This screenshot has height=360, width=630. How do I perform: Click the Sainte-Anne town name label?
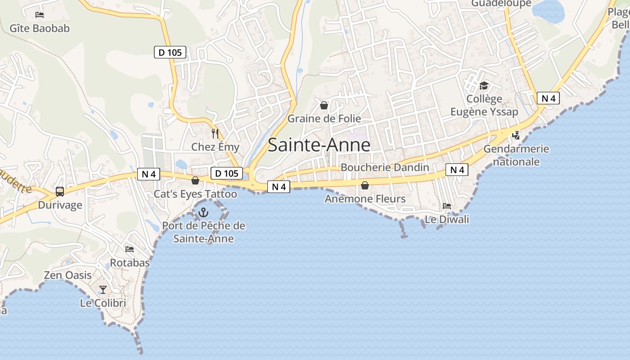[319, 145]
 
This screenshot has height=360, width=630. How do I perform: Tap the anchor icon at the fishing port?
[203, 212]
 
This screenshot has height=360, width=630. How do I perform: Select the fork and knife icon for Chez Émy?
[215, 133]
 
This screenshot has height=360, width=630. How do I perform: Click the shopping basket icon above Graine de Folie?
[324, 105]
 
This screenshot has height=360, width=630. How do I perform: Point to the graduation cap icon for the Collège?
[484, 85]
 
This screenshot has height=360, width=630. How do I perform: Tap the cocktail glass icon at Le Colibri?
[103, 289]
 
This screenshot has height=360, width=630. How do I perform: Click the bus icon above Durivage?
[60, 192]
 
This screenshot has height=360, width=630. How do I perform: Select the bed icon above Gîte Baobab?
[40, 14]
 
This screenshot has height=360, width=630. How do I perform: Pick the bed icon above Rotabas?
[130, 249]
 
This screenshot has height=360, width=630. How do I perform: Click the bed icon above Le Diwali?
[447, 206]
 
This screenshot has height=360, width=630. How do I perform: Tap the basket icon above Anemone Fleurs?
[365, 185]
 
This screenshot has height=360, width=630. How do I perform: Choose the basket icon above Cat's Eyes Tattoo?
[195, 180]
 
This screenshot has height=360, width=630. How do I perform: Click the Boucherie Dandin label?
[385, 167]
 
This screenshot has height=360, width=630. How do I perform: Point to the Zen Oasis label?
[67, 275]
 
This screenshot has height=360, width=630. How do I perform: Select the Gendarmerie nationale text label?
[516, 155]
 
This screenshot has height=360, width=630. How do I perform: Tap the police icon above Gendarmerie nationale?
[516, 135]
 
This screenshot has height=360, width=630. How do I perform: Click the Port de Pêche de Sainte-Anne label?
[203, 232]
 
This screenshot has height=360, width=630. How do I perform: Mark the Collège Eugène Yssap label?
[484, 105]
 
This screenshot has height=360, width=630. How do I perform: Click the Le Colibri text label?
[103, 303]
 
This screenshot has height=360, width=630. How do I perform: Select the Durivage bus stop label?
[60, 205]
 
